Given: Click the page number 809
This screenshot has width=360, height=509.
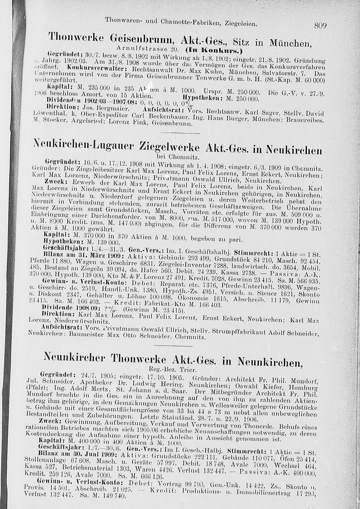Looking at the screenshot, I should tap(320, 26).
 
